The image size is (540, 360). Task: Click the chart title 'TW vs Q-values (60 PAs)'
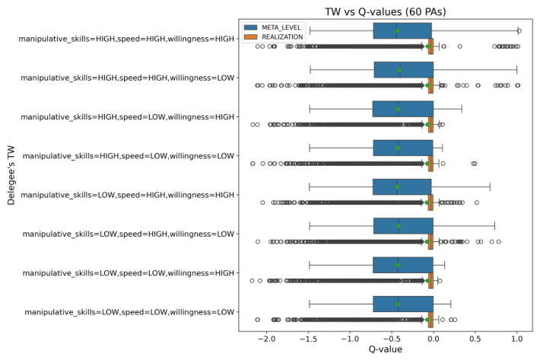point(386,11)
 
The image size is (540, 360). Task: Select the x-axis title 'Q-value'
point(386,349)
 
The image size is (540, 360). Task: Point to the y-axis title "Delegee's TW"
point(11,175)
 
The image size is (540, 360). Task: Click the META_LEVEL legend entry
point(273,27)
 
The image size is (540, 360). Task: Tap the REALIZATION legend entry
point(274,37)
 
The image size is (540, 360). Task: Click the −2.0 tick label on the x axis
point(267,339)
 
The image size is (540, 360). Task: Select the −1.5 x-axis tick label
point(309,339)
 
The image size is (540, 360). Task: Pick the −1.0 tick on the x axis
point(351,339)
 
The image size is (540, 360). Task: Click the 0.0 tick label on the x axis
point(434,339)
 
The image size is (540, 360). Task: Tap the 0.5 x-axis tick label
point(475,339)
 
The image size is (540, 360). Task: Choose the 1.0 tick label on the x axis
point(517,339)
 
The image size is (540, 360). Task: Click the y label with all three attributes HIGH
point(126,39)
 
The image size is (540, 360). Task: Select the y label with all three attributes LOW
point(129,312)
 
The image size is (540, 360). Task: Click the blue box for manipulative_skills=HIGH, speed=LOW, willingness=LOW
point(403,148)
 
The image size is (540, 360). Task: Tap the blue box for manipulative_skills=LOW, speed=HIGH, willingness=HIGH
point(402,187)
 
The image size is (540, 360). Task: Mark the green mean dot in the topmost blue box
point(398,31)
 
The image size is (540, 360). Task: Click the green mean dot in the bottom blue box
point(399,304)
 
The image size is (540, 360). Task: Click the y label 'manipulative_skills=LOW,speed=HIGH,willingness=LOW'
point(129,234)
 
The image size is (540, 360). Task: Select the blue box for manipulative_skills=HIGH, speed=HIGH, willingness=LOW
point(404,70)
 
